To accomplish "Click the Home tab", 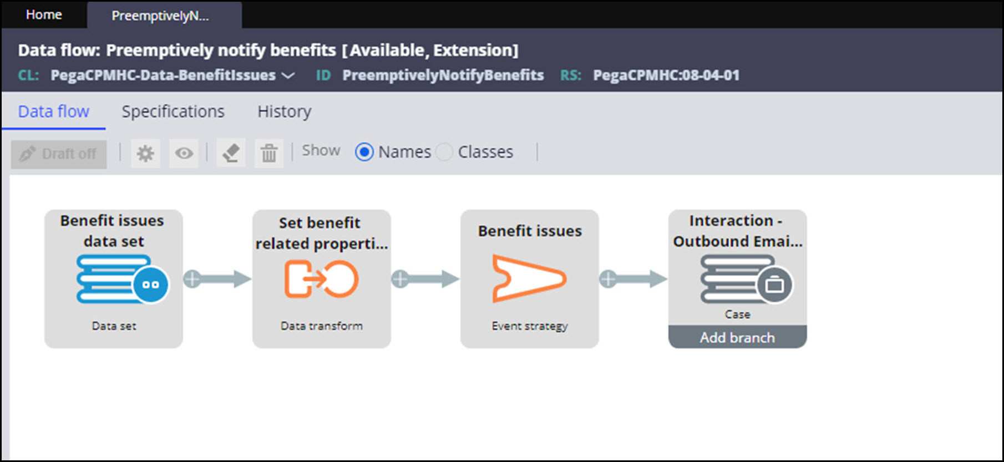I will click(x=44, y=15).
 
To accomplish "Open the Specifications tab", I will click(x=173, y=111).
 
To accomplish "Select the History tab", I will click(x=284, y=111).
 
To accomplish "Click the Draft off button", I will click(x=59, y=154).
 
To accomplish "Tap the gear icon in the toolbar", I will click(x=145, y=153).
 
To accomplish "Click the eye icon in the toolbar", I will click(x=184, y=153).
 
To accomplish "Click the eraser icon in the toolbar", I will click(x=231, y=153).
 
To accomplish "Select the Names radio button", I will click(x=364, y=151).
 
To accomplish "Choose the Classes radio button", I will click(x=444, y=151).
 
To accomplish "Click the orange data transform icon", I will click(x=321, y=279).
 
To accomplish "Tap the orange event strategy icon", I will click(x=529, y=278).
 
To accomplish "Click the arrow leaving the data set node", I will click(x=217, y=279).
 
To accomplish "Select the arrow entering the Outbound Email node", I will click(x=633, y=279).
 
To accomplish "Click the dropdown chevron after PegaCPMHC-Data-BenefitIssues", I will click(x=288, y=75).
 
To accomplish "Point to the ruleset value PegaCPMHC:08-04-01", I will click(x=666, y=75).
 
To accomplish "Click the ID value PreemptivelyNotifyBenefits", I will click(x=443, y=75).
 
